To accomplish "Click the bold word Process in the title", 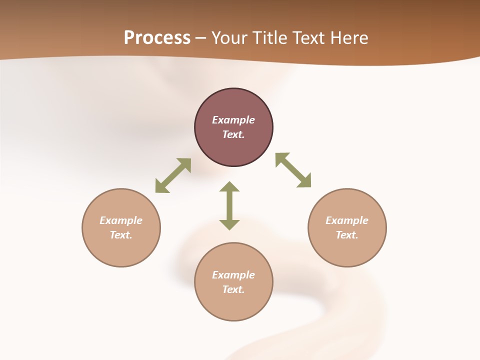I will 157,38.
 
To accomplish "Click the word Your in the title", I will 229,38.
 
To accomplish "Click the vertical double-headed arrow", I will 229,205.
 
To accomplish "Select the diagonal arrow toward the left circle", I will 173,175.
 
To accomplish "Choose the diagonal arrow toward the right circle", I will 293,170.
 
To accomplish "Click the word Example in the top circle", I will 233,120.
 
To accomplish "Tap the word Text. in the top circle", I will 233,134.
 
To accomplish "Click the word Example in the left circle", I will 121,220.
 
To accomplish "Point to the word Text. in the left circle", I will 121,235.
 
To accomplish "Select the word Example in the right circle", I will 347,220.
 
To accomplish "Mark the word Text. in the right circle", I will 347,235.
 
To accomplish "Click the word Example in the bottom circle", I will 233,275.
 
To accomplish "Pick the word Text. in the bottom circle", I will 233,289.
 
